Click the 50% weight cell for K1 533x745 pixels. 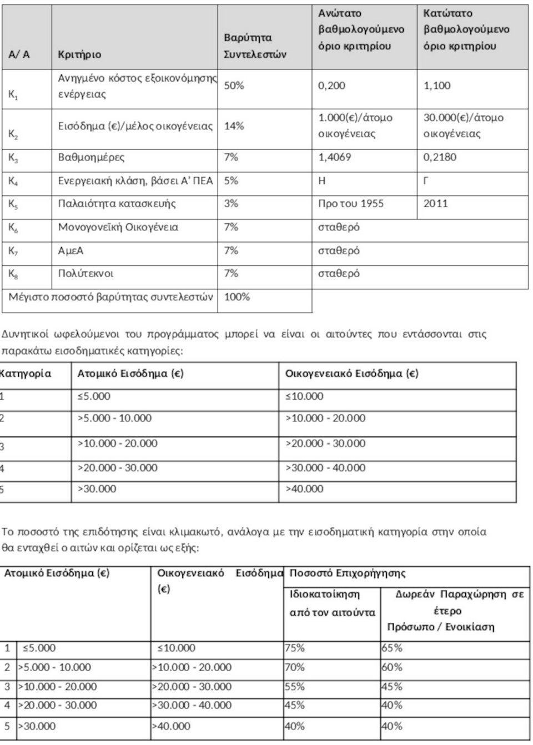234,85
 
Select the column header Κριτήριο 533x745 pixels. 79,54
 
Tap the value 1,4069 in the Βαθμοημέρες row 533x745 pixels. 334,157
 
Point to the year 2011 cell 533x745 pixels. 435,203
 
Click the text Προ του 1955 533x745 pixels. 350,203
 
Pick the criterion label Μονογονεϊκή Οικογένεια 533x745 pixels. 118,227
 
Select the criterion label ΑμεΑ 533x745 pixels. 71,251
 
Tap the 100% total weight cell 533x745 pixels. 237,297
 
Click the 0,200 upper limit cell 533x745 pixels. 331,85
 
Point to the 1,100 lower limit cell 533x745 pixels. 437,85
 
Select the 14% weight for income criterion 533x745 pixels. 234,126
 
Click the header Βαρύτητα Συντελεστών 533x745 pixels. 255,46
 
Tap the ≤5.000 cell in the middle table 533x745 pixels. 94,396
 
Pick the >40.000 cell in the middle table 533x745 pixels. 304,489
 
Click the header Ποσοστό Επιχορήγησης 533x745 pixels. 348,573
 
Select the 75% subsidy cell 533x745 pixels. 295,648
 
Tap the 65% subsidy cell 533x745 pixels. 392,648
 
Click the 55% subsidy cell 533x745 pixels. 295,687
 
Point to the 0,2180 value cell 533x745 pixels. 440,157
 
